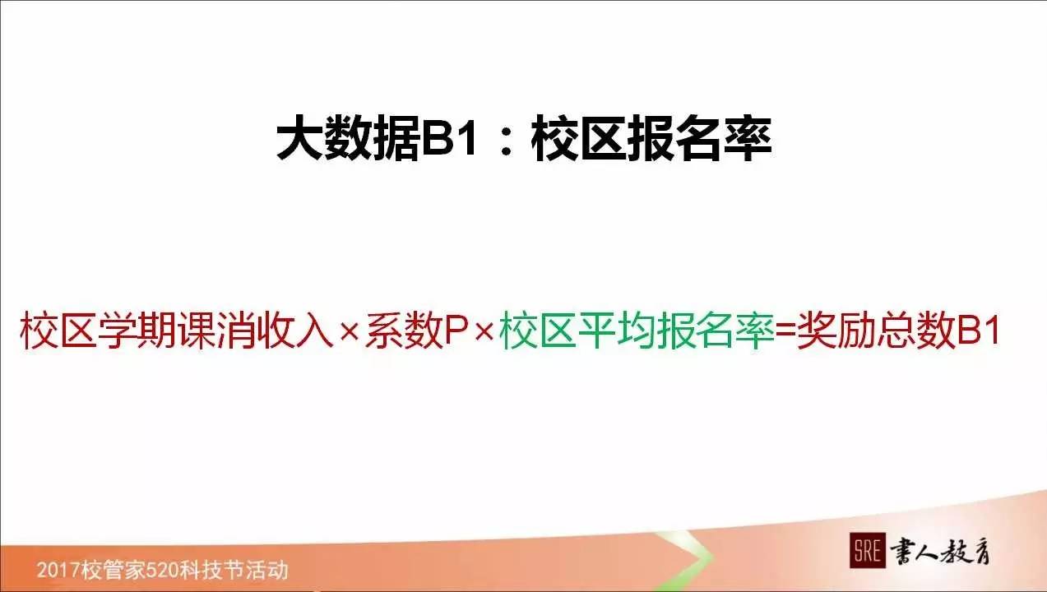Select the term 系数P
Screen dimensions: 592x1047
click(x=415, y=331)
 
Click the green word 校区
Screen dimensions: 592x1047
click(x=536, y=331)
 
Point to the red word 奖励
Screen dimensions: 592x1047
click(x=836, y=331)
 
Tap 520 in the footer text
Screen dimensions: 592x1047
click(x=161, y=570)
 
